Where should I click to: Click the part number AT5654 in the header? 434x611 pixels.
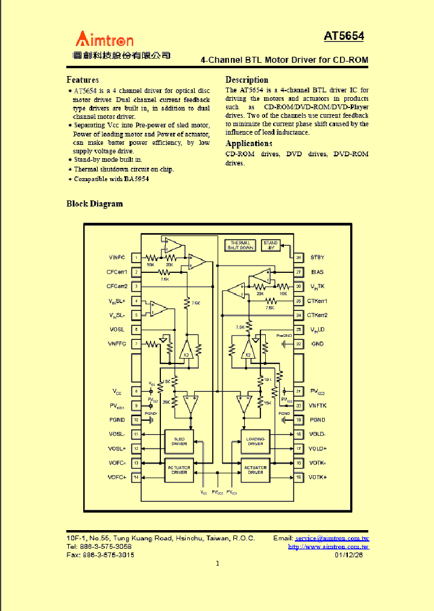pos(344,36)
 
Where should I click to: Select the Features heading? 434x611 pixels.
pos(83,80)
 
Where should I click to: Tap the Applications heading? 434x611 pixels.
pos(248,144)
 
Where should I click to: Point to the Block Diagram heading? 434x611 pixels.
pos(95,204)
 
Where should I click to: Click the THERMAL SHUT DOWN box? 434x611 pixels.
pos(240,245)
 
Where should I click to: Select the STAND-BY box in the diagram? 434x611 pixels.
pos(271,245)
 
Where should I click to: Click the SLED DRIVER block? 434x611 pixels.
pos(180,441)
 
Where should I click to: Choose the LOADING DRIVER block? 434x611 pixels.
pos(256,441)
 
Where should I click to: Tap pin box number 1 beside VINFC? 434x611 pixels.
pos(136,258)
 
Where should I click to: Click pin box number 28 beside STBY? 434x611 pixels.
pos(299,258)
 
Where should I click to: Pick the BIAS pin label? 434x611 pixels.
pos(317,272)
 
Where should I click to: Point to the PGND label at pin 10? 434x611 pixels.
pos(117,420)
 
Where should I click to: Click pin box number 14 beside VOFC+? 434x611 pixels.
pos(136,478)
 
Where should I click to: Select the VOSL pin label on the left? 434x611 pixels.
pos(116,330)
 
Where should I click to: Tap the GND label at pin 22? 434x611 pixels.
pos(317,344)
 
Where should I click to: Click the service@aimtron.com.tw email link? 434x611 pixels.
pos(332,538)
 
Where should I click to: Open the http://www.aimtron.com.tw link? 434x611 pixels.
pos(329,546)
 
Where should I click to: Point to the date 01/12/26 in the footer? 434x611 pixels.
pos(353,555)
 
